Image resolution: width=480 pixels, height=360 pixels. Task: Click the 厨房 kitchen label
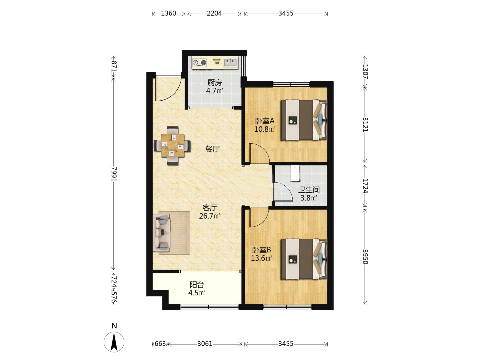[x=214, y=83]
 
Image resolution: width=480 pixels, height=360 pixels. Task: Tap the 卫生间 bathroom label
[x=309, y=190]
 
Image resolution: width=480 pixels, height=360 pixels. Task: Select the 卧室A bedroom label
[x=265, y=121]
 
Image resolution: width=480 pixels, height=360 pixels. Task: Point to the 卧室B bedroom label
[x=261, y=250]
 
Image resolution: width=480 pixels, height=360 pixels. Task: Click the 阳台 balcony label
[x=197, y=285]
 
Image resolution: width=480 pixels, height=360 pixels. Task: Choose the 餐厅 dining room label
[x=212, y=149]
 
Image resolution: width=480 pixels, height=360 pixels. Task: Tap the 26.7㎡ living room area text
[x=209, y=216]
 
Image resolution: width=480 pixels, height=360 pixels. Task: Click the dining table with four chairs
[x=172, y=145]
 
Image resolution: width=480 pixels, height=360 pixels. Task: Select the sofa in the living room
[x=162, y=233]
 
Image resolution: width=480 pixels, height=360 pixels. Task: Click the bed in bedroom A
[x=304, y=120]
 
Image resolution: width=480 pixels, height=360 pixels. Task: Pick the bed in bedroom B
[x=304, y=259]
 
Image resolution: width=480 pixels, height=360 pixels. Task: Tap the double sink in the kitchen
[x=230, y=62]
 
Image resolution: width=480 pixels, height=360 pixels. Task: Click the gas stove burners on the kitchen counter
[x=199, y=63]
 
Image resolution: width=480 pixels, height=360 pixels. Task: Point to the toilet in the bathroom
[x=295, y=173]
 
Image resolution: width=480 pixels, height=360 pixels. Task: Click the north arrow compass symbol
[x=114, y=342]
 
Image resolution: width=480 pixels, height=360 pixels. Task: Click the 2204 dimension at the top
[x=214, y=14]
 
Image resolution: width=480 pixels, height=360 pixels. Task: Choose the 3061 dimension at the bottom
[x=205, y=344]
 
